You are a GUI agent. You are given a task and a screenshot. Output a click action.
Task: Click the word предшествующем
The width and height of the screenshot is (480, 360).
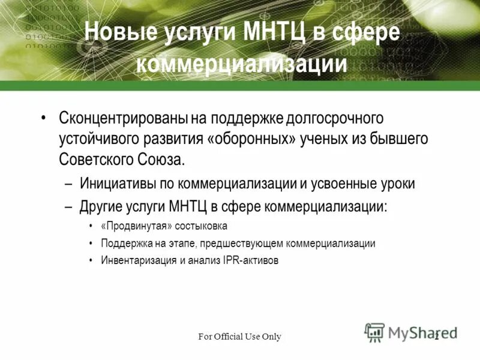(242, 244)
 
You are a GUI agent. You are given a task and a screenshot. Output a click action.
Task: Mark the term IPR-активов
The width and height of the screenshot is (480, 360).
(252, 261)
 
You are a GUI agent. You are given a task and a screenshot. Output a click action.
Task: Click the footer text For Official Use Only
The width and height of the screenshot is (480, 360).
(240, 337)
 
